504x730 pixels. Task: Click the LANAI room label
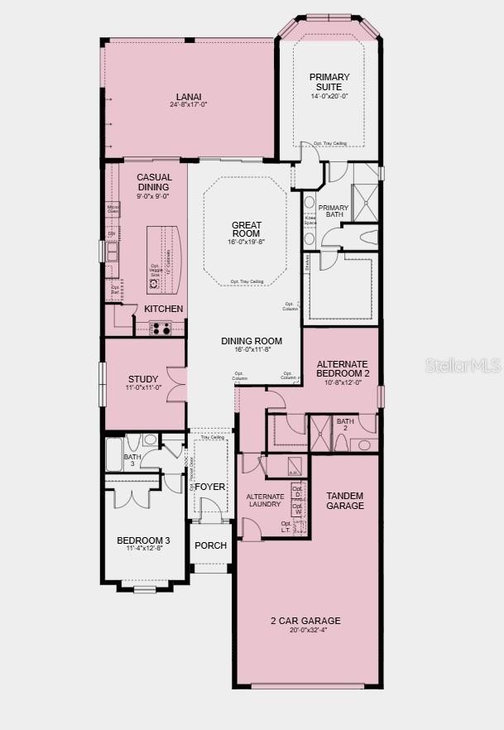(189, 97)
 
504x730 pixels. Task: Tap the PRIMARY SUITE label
(329, 82)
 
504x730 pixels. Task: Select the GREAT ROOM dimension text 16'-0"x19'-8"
(246, 243)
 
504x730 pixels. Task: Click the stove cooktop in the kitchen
(161, 329)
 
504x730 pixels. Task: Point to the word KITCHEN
(164, 309)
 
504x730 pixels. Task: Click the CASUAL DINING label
(154, 182)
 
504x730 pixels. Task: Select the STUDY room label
(142, 380)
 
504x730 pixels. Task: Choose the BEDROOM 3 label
(143, 540)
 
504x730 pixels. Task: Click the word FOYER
(210, 487)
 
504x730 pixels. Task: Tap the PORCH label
(210, 545)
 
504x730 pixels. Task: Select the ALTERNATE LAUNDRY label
(266, 500)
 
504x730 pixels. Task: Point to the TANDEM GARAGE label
(344, 501)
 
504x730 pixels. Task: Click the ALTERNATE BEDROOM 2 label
(343, 369)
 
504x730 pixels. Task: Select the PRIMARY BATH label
(334, 213)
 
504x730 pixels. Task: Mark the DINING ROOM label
(252, 341)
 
